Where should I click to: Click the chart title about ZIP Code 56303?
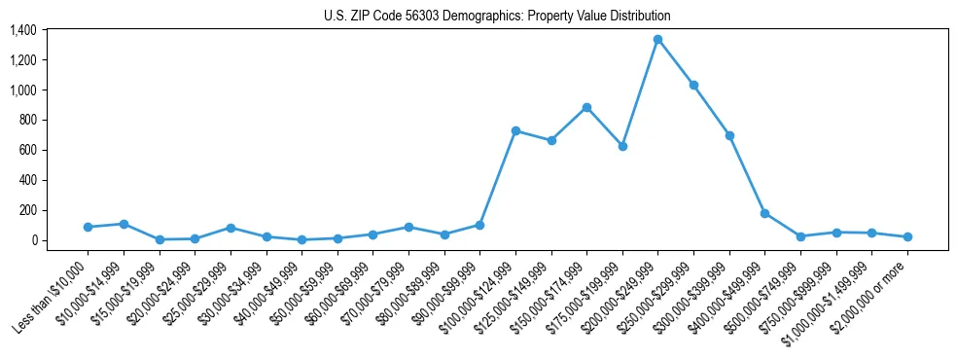(x=497, y=17)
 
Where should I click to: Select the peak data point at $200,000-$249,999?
(x=657, y=40)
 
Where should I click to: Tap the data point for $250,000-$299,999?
(x=693, y=86)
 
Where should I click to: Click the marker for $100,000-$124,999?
(x=515, y=130)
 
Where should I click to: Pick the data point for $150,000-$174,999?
(x=586, y=108)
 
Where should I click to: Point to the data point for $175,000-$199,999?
(x=622, y=146)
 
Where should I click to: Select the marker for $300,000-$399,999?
(x=729, y=135)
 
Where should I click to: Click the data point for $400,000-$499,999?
(x=764, y=213)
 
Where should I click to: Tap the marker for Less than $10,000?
(x=88, y=227)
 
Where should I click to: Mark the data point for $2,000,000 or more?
(x=907, y=236)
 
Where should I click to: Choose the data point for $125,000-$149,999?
(x=551, y=140)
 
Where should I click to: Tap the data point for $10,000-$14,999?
(x=124, y=224)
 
